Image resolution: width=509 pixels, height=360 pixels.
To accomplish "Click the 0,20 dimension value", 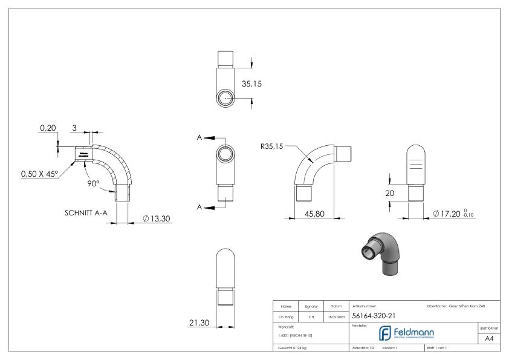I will tap(47, 128).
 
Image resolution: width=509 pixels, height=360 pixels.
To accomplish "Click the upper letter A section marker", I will tap(198, 137).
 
